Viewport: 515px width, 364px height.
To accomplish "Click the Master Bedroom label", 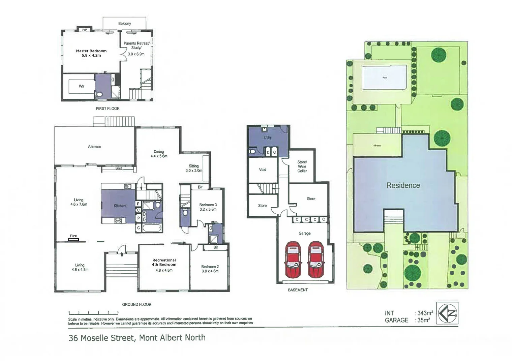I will point(91,53).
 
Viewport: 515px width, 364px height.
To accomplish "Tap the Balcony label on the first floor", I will point(124,24).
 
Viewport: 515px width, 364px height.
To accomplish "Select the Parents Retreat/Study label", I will point(136,48).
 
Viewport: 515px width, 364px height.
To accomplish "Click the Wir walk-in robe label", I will point(82,86).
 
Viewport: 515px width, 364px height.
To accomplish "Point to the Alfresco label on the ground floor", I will point(94,147).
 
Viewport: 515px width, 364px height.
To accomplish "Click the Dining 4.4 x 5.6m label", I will point(159,154).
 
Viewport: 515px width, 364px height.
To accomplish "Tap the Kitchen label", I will point(120,206).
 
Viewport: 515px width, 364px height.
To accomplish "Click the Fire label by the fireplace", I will point(73,236).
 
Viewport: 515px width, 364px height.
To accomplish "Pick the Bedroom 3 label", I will point(208,207).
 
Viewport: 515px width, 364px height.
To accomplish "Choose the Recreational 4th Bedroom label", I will point(164,265).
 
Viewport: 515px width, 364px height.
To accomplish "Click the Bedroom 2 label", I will point(210,269).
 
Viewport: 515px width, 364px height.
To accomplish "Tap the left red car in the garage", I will point(293,259).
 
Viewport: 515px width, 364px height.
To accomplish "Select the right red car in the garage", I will point(316,259).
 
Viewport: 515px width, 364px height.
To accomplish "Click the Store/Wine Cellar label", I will point(302,166).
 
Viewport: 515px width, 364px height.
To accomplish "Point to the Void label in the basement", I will point(263,170).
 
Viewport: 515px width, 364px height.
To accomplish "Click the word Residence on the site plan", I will point(403,185).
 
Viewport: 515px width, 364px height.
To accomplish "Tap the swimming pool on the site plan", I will point(384,78).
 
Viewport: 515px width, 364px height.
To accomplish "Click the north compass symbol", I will point(447,313).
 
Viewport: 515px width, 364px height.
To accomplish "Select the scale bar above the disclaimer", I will point(93,313).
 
